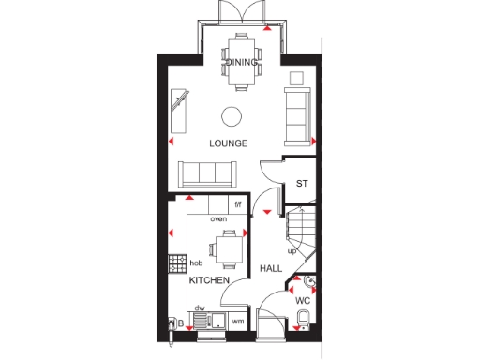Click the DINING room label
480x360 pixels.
pos(239,62)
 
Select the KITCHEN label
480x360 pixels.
pos(209,280)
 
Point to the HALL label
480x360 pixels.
pos(271,268)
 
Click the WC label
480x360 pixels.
pos(303,302)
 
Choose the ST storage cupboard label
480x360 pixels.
pos(302,184)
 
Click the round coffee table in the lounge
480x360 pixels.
pos(231,117)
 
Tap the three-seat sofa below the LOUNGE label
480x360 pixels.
pos(206,172)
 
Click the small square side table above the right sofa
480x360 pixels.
pos(298,77)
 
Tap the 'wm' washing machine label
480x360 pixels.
pos(237,322)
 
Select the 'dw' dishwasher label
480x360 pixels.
pos(200,307)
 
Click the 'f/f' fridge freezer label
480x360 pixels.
pos(237,203)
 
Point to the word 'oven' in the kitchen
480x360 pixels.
pos(218,218)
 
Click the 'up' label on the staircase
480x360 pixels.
pos(292,251)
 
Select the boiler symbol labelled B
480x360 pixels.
pos(172,324)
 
